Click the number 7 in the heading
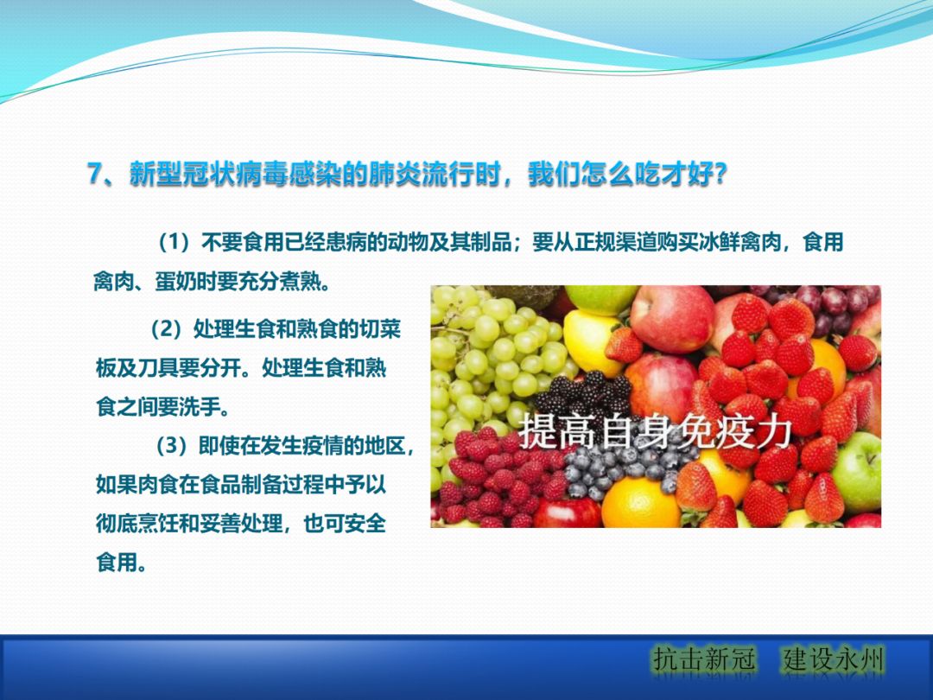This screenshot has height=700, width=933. click(96, 174)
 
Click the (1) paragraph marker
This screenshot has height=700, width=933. click(178, 243)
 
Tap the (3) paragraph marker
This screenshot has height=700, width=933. click(175, 446)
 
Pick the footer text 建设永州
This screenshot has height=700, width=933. click(835, 660)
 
